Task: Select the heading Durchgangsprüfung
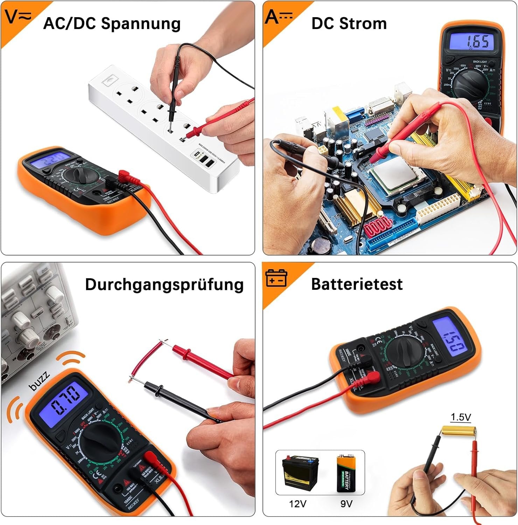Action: coord(164,284)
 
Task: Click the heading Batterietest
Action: coord(357,284)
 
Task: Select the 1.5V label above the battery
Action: coord(461,417)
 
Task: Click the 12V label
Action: coord(297,504)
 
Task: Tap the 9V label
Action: coord(346,504)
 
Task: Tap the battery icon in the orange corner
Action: coord(276,278)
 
